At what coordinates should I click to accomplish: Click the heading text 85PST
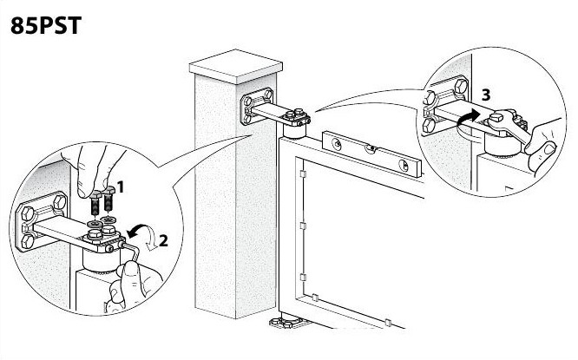tap(46, 25)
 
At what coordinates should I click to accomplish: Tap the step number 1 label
tap(120, 187)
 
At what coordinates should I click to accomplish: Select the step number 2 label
tap(163, 241)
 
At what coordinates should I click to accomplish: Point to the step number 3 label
tap(486, 95)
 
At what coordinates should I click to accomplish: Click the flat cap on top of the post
tap(236, 66)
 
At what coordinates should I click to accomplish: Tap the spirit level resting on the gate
tap(371, 154)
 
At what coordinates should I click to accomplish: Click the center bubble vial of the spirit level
tap(371, 148)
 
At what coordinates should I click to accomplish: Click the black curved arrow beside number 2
tap(135, 231)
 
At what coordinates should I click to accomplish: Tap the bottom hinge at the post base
tap(286, 323)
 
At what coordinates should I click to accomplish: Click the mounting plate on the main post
tap(257, 106)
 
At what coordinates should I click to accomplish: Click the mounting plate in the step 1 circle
tap(42, 221)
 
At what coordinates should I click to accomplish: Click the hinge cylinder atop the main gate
tap(294, 131)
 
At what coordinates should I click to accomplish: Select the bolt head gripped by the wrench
tap(496, 118)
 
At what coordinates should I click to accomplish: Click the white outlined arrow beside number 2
tap(150, 240)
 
